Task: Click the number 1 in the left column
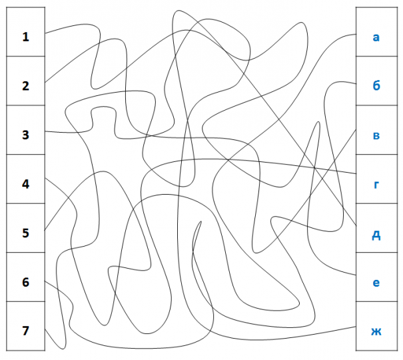pyautogui.click(x=25, y=37)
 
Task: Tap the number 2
pyautogui.click(x=25, y=86)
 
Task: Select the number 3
pyautogui.click(x=25, y=135)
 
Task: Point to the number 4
pyautogui.click(x=25, y=184)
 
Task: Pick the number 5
pyautogui.click(x=25, y=233)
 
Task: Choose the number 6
pyautogui.click(x=25, y=282)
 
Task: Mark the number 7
pyautogui.click(x=25, y=331)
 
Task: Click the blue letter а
pyautogui.click(x=376, y=37)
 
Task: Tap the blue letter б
pyautogui.click(x=376, y=85)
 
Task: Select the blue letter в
pyautogui.click(x=376, y=136)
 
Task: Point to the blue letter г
pyautogui.click(x=376, y=185)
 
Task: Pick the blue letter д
pyautogui.click(x=376, y=235)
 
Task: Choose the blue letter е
pyautogui.click(x=376, y=283)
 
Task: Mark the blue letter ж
pyautogui.click(x=376, y=332)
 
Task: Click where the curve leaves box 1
pyautogui.click(x=45, y=33)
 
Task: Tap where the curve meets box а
pyautogui.click(x=356, y=34)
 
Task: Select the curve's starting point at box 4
pyautogui.click(x=45, y=178)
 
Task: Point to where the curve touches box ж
pyautogui.click(x=356, y=327)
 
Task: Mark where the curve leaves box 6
pyautogui.click(x=45, y=281)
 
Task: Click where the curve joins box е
pyautogui.click(x=356, y=275)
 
